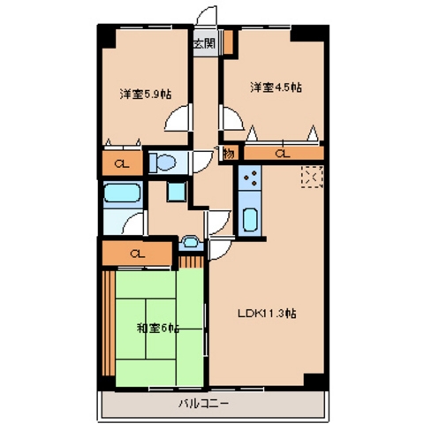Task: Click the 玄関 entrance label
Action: [205, 44]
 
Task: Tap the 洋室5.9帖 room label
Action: [146, 94]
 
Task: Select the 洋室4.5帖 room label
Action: [276, 87]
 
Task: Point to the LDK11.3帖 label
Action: [267, 314]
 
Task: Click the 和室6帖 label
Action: [158, 328]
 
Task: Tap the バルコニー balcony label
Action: [203, 404]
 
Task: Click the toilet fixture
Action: [163, 163]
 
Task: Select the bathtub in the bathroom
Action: [122, 193]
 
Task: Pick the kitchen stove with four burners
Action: [250, 178]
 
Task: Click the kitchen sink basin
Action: [250, 220]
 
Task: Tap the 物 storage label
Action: [229, 154]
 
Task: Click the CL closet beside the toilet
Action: [122, 163]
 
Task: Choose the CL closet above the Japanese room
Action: [137, 254]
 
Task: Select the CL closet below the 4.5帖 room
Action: [284, 154]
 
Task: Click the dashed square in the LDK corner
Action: [312, 177]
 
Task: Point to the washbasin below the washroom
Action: [191, 243]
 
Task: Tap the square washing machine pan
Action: [177, 192]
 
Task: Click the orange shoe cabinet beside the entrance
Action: [228, 42]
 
